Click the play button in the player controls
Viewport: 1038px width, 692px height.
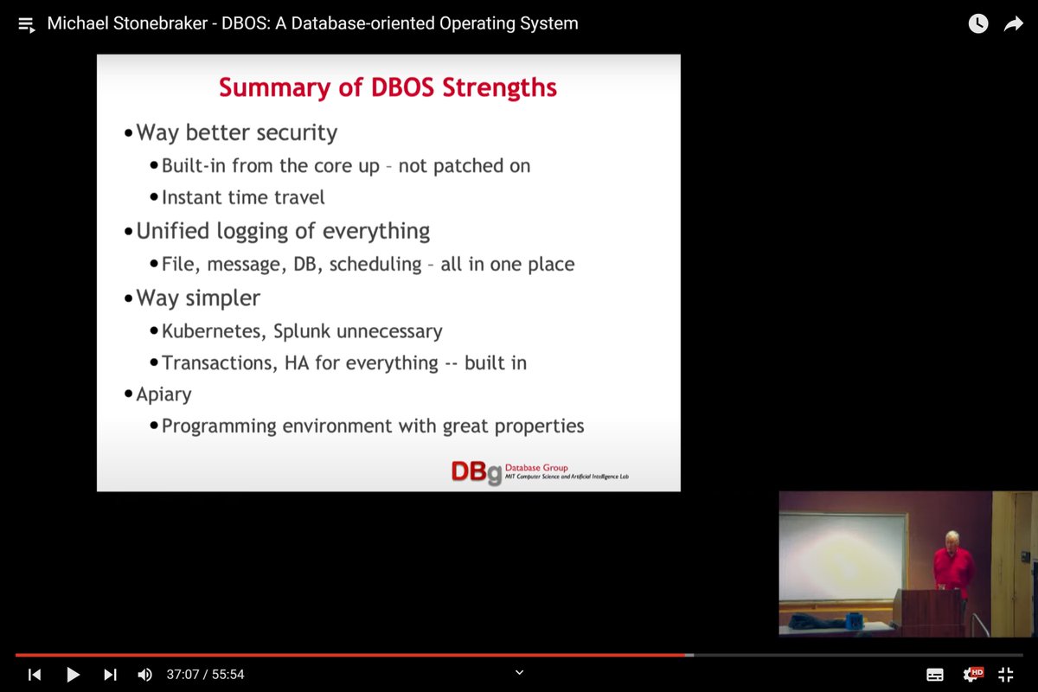click(74, 675)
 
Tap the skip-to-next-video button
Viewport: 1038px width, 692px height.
click(110, 675)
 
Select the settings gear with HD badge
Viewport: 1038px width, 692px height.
click(972, 674)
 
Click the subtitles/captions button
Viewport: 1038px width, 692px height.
click(935, 675)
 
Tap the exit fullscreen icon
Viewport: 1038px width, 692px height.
click(1005, 675)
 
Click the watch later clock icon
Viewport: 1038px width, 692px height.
click(978, 24)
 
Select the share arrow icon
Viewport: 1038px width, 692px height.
click(1013, 24)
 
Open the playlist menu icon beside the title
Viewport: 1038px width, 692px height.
click(27, 24)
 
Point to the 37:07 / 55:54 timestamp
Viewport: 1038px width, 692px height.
click(206, 675)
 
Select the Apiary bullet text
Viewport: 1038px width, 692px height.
click(163, 394)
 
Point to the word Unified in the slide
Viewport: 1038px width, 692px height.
click(173, 231)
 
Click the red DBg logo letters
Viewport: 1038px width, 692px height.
click(476, 471)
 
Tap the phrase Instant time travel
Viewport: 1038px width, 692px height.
click(243, 197)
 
